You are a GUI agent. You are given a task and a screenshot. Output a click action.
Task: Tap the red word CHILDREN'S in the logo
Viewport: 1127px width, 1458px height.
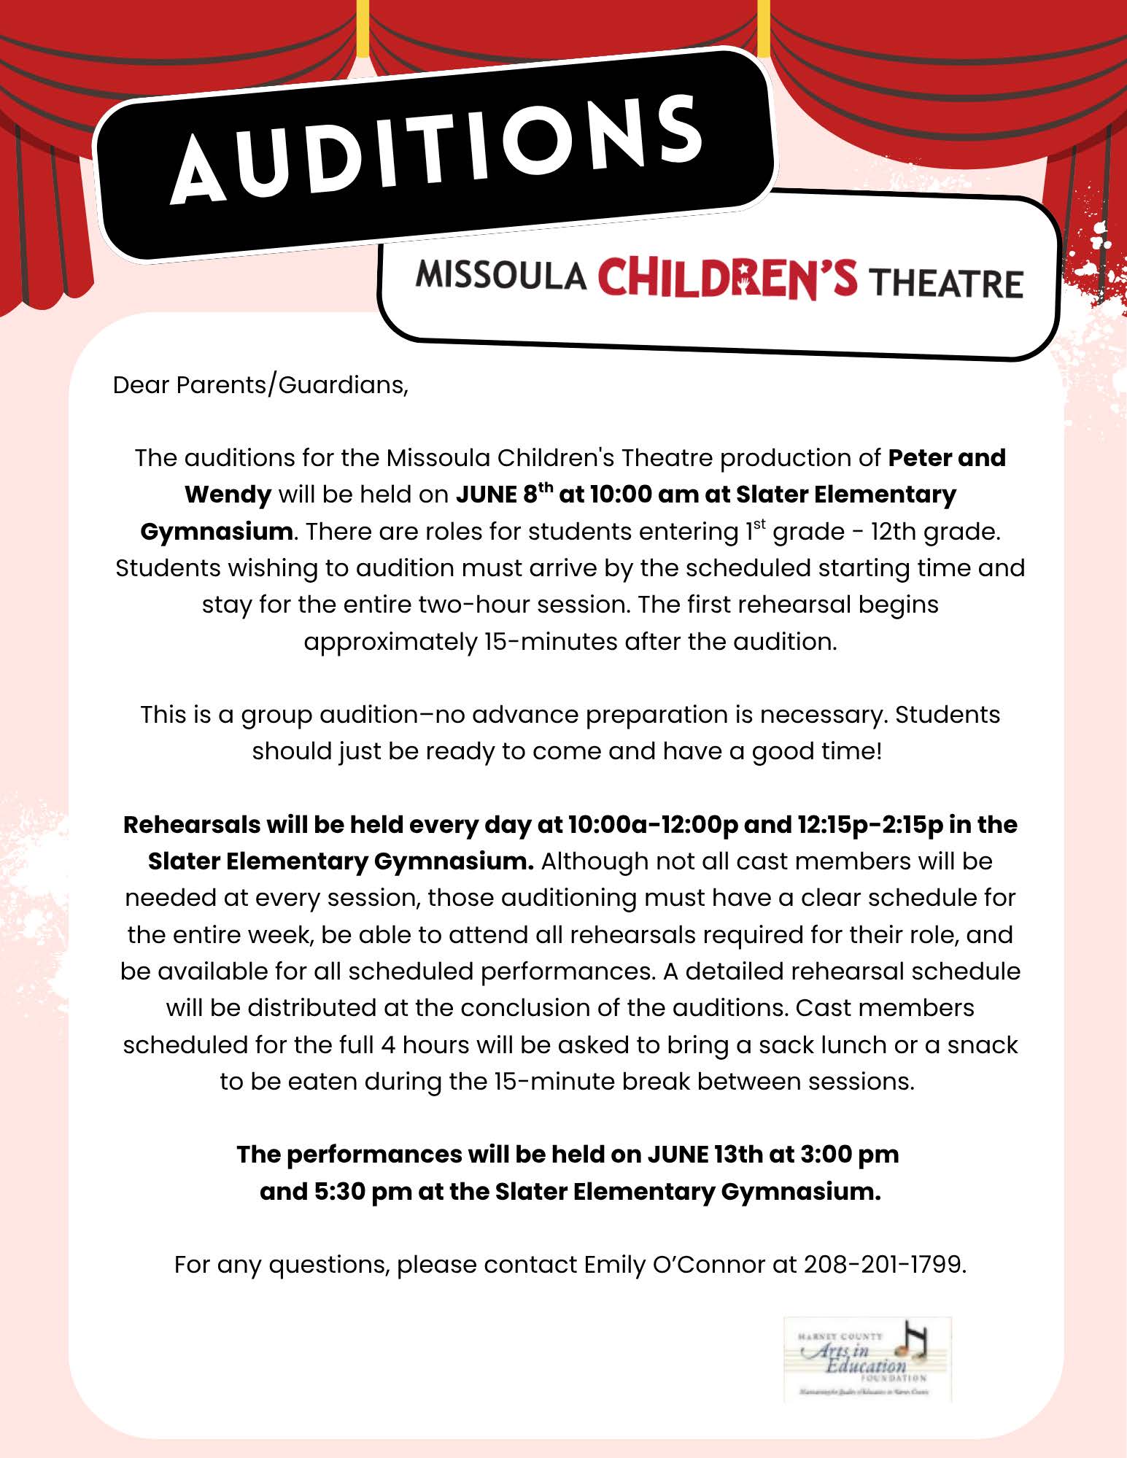click(727, 278)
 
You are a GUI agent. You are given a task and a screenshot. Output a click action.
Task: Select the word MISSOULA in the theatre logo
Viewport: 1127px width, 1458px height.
click(501, 276)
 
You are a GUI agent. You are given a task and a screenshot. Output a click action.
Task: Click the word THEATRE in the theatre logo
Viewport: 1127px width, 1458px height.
click(947, 283)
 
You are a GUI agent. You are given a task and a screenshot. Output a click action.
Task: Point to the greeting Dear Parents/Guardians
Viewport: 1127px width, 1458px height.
click(260, 385)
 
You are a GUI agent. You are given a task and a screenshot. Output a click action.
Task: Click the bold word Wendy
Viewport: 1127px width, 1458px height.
click(228, 495)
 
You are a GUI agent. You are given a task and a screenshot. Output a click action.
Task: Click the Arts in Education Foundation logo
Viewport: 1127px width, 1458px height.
click(867, 1359)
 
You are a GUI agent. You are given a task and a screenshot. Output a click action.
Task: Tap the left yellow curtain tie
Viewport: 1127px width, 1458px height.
click(363, 29)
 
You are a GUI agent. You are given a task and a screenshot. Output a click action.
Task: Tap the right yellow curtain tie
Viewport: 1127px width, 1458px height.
click(764, 29)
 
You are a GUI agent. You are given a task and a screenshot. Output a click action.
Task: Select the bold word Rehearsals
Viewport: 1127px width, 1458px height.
click(192, 824)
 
